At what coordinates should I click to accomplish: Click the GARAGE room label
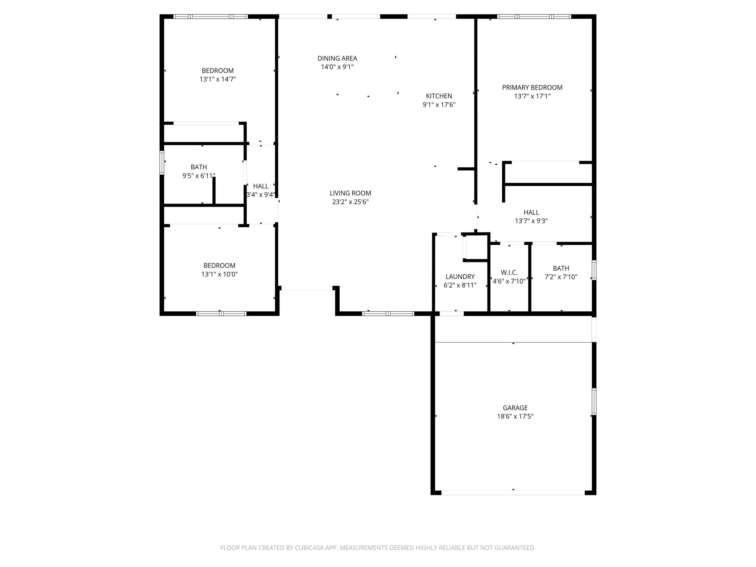[x=515, y=408]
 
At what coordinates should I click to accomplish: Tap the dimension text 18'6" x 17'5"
[x=515, y=416]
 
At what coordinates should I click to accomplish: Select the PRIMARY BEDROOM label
[x=532, y=87]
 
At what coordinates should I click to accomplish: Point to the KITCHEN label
[x=439, y=96]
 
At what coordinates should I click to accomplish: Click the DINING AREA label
[x=337, y=59]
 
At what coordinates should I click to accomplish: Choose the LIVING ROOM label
[x=350, y=193]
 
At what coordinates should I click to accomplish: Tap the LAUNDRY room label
[x=460, y=276]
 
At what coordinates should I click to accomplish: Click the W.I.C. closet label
[x=509, y=272]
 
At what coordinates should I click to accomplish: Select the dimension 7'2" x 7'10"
[x=561, y=277]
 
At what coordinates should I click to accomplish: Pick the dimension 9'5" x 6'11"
[x=198, y=176]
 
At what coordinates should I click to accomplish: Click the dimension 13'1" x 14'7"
[x=218, y=79]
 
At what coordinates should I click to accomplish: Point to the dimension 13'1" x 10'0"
[x=219, y=274]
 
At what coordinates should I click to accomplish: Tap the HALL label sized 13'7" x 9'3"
[x=531, y=212]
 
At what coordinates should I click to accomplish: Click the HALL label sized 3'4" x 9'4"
[x=260, y=186]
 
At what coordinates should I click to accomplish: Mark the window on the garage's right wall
[x=594, y=402]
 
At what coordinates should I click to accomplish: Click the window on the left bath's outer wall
[x=162, y=163]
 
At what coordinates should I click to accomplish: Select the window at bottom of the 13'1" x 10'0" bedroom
[x=221, y=313]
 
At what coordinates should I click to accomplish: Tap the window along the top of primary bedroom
[x=534, y=16]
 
